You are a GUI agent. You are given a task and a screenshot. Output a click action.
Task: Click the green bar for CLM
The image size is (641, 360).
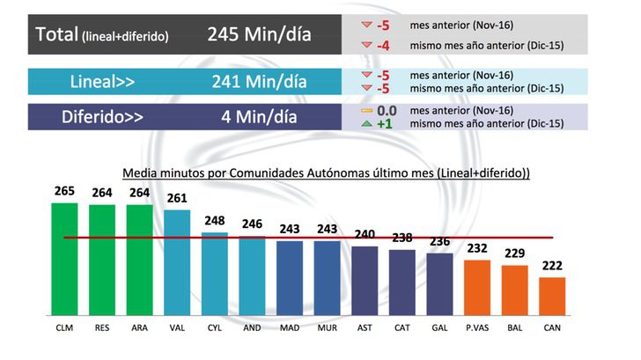[x=64, y=259]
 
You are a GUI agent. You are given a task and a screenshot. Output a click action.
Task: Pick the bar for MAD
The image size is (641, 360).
[x=290, y=277]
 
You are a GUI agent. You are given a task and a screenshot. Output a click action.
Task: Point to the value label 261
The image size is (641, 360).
[x=177, y=198]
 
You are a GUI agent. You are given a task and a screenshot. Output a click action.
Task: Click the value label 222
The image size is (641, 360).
[x=552, y=267]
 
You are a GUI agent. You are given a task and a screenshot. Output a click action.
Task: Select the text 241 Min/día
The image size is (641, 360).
[x=259, y=82]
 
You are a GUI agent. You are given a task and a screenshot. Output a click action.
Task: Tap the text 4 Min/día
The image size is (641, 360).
[x=259, y=117]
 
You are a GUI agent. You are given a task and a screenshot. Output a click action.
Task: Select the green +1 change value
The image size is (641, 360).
[x=385, y=124]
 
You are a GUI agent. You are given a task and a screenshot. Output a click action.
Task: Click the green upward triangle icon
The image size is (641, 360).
[x=368, y=124]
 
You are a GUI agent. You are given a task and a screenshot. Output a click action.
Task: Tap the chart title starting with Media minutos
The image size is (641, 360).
[x=326, y=173]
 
